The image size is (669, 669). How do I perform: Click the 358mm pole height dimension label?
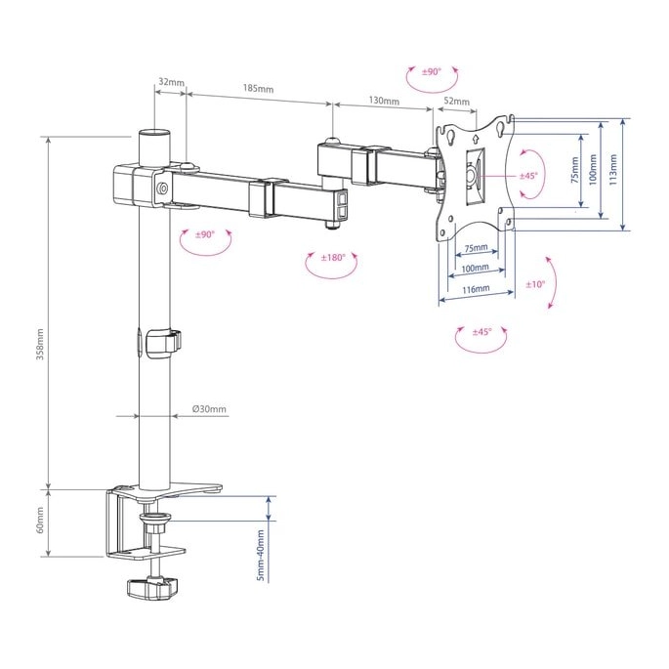pos(40,344)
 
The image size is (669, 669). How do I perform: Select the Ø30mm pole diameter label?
pos(209,409)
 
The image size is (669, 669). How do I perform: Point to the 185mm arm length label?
pos(258,88)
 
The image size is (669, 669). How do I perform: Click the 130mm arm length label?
pos(384,101)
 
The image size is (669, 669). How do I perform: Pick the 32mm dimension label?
pos(171,81)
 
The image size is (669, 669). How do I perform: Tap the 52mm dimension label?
pos(456,102)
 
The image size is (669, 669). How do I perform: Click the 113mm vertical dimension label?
pos(613,169)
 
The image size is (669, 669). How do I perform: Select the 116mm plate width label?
pos(477,289)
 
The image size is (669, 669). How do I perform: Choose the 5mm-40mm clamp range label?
pos(260,556)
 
